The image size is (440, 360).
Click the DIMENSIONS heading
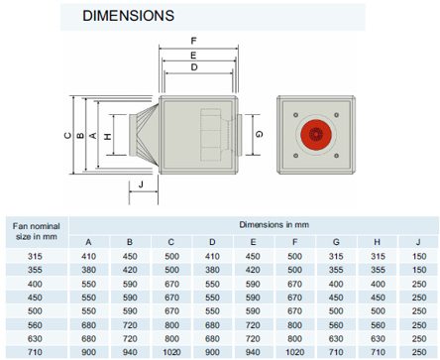(x=128, y=16)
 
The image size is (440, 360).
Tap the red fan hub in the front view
(x=316, y=135)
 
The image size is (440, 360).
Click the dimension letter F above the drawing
(x=194, y=41)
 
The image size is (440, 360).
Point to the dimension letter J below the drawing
(x=141, y=184)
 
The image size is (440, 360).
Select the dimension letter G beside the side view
(x=260, y=134)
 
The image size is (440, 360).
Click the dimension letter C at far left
(x=67, y=136)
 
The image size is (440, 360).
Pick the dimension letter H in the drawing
(x=108, y=136)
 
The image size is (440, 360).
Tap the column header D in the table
(x=212, y=242)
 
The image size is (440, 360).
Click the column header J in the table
(x=418, y=242)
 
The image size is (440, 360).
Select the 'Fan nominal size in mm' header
(x=37, y=231)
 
